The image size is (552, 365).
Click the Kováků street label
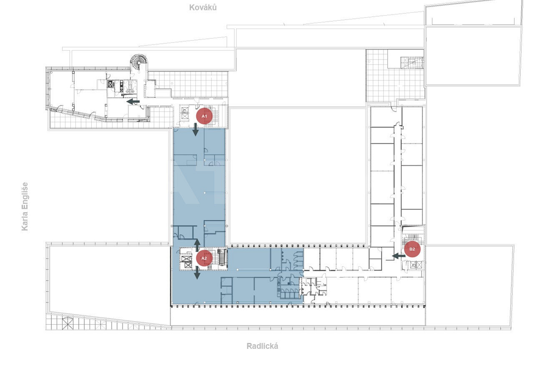(x=203, y=7)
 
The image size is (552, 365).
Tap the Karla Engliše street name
(x=25, y=206)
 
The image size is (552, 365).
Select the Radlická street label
(x=262, y=346)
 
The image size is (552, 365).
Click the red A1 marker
(x=204, y=116)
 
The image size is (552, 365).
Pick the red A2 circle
(x=204, y=258)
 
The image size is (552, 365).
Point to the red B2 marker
(x=412, y=249)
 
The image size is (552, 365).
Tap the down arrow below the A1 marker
(x=196, y=130)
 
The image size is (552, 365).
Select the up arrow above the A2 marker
(x=197, y=245)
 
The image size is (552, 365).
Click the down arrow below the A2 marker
(x=197, y=273)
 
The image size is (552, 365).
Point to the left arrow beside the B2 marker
(x=399, y=256)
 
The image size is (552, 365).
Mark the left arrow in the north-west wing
(x=133, y=101)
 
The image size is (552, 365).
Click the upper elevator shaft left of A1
(x=185, y=110)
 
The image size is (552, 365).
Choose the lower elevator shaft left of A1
(x=185, y=117)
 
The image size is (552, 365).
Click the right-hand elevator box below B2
(x=419, y=265)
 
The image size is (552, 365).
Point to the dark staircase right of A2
(x=223, y=257)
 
